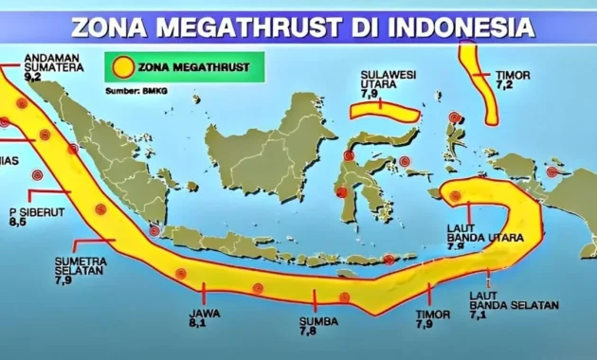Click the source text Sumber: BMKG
(x=135, y=91)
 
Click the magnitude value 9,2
(x=30, y=75)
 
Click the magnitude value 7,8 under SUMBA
(x=309, y=333)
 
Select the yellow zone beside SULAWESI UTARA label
(x=384, y=113)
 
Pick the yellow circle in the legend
(x=122, y=68)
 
